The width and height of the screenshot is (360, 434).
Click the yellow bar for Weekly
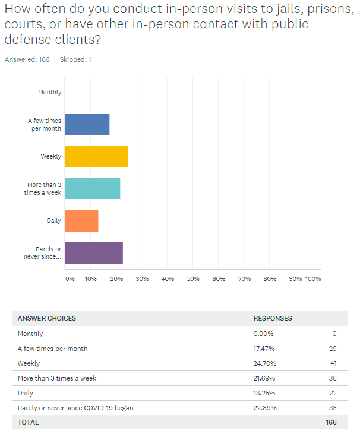click(x=96, y=157)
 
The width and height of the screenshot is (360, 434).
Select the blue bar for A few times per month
click(x=87, y=125)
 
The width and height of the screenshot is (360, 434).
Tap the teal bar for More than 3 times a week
click(x=92, y=189)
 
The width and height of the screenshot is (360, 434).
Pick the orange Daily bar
click(x=81, y=221)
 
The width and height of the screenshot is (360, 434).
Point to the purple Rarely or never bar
click(x=94, y=253)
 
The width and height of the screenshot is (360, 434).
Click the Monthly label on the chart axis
click(x=49, y=93)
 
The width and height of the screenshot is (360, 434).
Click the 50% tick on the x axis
click(x=193, y=278)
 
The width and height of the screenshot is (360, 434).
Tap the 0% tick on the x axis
click(x=70, y=278)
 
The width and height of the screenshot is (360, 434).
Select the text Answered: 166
click(x=27, y=59)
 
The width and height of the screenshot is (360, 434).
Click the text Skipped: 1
click(x=75, y=59)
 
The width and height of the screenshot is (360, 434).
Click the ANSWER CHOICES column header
click(x=47, y=319)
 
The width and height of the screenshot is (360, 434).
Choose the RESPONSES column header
click(x=273, y=319)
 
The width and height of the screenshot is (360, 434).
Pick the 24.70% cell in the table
click(x=264, y=363)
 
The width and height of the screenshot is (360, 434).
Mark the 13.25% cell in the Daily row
click(x=264, y=393)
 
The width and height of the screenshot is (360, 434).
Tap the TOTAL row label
click(x=28, y=423)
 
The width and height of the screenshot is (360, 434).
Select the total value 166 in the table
click(x=330, y=423)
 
